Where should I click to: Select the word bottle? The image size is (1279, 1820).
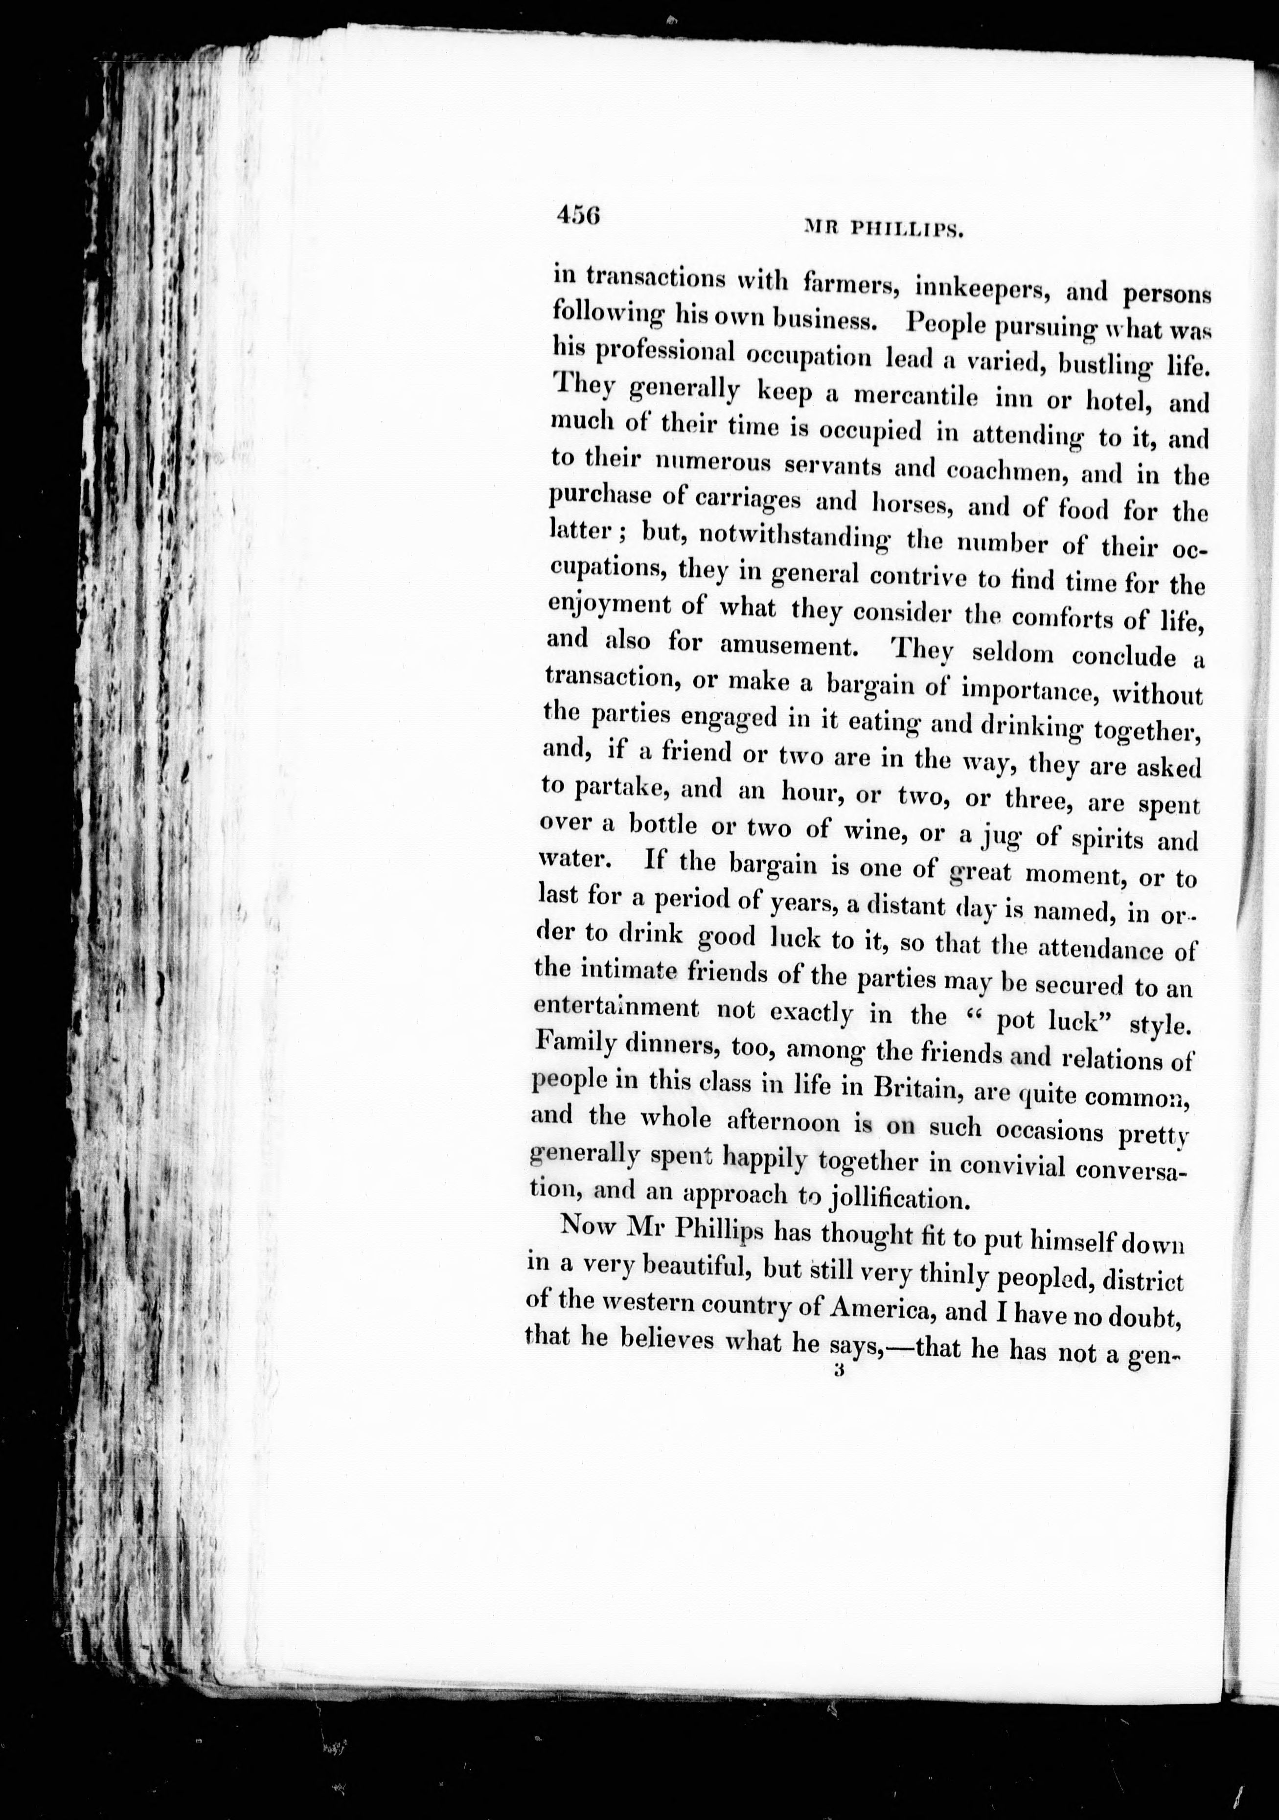point(663,825)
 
